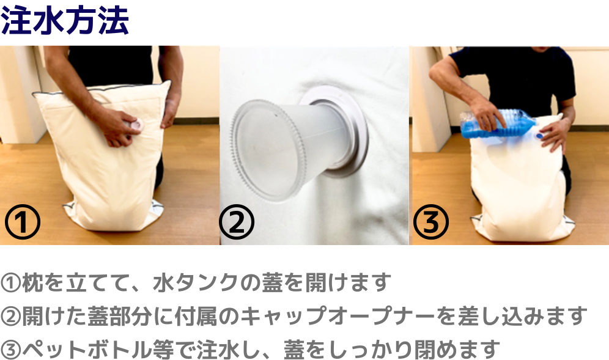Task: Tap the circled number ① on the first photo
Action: point(23,222)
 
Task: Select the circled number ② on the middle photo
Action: point(237,222)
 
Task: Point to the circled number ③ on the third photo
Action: point(430,222)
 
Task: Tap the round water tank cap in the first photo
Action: point(136,125)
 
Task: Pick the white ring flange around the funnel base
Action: point(338,132)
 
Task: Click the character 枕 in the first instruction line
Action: point(32,283)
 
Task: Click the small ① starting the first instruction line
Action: point(10,283)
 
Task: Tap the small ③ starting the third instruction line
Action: point(10,350)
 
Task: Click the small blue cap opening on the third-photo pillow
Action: point(539,136)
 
